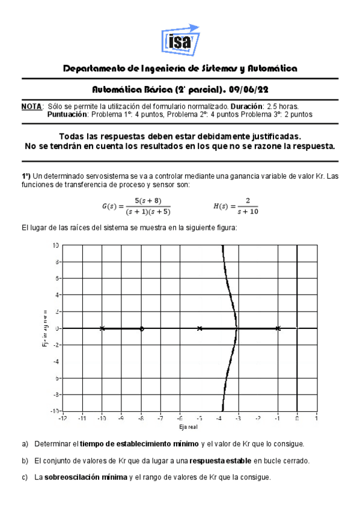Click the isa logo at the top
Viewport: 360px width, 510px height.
[180, 39]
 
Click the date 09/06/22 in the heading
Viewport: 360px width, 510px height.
[252, 90]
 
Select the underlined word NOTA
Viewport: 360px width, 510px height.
[31, 106]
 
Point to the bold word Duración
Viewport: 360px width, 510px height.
[246, 106]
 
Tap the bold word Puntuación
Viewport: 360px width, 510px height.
[67, 114]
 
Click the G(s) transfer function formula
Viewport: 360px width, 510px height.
[136, 206]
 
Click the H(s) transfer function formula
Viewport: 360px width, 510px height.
[236, 206]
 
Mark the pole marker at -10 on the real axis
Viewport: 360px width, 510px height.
[102, 328]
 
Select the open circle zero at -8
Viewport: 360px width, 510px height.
[141, 328]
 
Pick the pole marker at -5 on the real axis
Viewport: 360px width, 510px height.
[200, 328]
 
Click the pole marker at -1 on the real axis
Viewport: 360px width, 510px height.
[278, 328]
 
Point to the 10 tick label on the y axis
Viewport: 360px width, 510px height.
[55, 245]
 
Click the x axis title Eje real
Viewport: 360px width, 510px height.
[189, 426]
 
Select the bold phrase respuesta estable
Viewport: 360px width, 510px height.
[220, 461]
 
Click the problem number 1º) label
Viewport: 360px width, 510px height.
[26, 176]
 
